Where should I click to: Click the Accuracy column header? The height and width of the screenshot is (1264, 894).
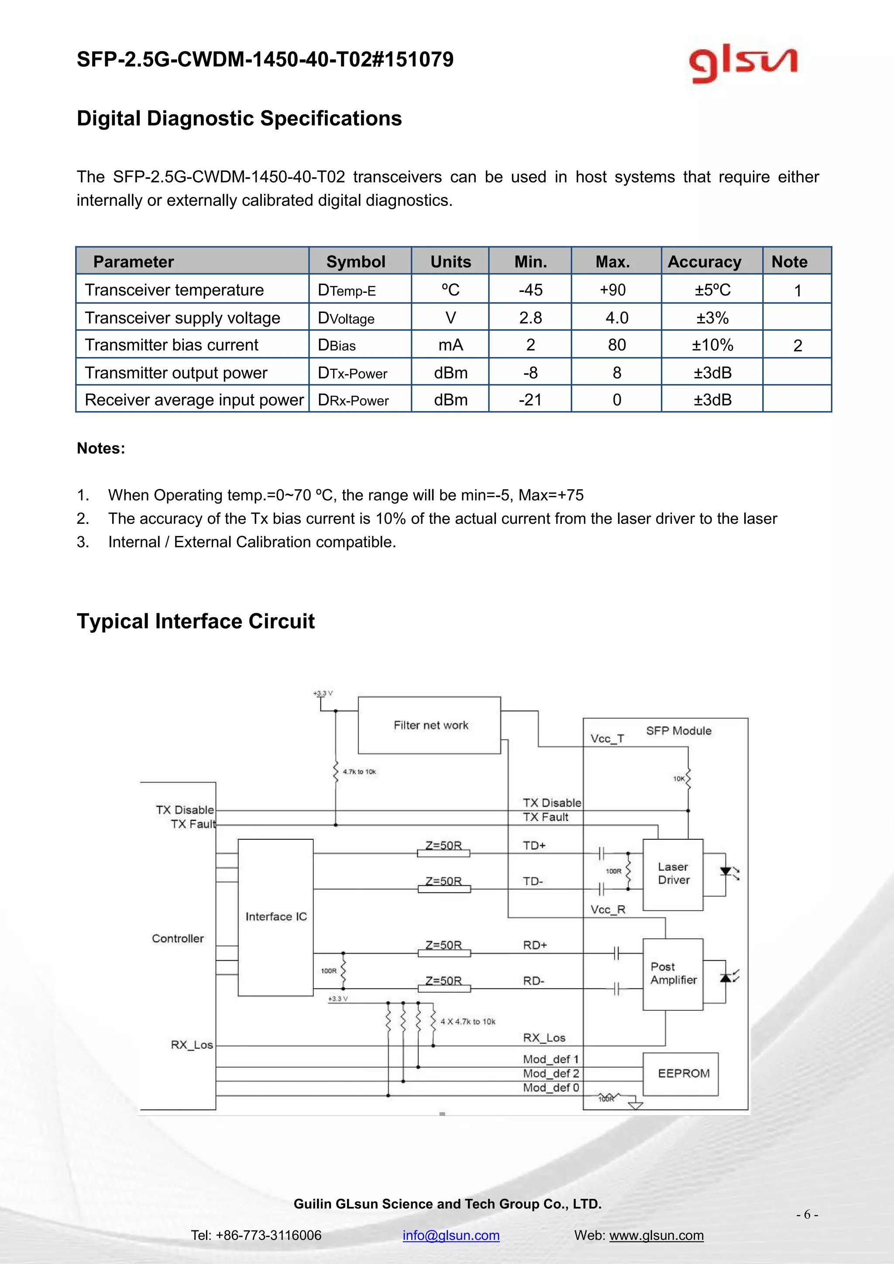tap(704, 262)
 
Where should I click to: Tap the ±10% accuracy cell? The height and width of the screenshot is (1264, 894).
tap(712, 345)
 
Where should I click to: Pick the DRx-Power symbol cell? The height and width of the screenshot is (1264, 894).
tap(354, 400)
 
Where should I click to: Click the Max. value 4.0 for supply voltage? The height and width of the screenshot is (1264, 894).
tap(616, 318)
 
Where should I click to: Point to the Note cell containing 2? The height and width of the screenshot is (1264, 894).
tap(797, 346)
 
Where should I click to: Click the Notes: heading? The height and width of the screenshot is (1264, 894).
tap(101, 448)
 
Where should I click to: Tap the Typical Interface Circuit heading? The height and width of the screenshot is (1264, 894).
tap(196, 621)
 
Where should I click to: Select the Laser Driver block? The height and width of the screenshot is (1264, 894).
tap(673, 874)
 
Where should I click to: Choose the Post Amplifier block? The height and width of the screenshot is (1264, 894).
tap(673, 973)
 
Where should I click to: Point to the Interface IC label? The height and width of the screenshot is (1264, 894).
tap(276, 917)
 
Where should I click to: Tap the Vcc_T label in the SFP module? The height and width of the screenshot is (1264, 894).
tap(607, 739)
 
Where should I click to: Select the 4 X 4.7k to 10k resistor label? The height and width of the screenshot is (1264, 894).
tap(468, 1022)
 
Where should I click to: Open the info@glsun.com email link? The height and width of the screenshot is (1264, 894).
tap(451, 1235)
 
